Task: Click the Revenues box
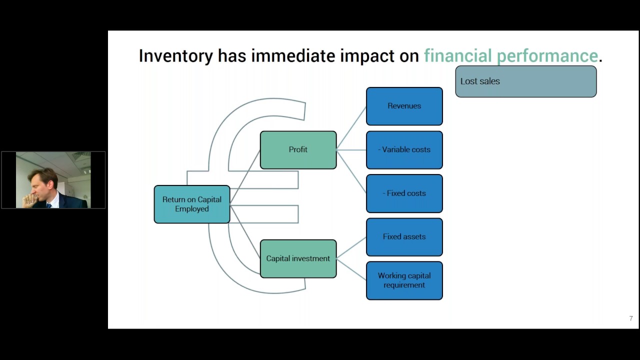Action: [404, 106]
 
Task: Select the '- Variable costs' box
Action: [404, 149]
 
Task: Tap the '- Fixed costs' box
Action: [404, 193]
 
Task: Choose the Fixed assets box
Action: [404, 236]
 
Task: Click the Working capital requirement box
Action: [404, 280]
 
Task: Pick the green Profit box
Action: [298, 149]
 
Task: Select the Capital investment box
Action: [298, 258]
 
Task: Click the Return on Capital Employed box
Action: [192, 204]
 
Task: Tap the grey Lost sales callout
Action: [525, 81]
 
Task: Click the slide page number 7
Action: [631, 318]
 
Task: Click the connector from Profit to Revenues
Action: [351, 127]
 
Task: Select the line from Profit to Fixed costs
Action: [351, 171]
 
